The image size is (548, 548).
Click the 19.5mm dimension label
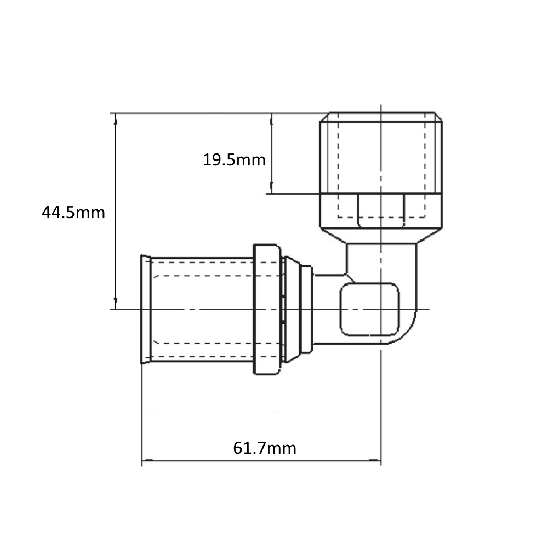click(234, 160)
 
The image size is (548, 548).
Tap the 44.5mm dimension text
click(73, 213)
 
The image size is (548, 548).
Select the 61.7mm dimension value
click(265, 448)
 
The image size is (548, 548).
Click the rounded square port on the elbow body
click(369, 309)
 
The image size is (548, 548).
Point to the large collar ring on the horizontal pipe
click(267, 309)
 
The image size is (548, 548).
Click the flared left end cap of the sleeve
click(145, 309)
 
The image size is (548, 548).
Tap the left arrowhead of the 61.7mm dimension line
click(147, 461)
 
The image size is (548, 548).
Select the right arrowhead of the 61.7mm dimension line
click(375, 461)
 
